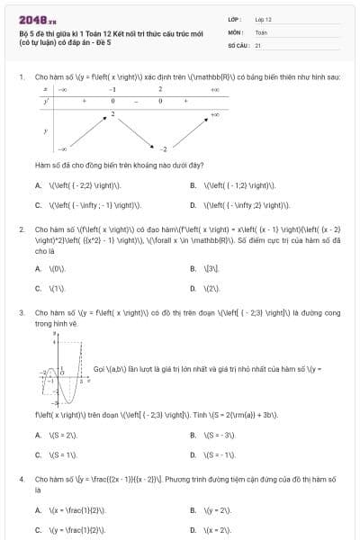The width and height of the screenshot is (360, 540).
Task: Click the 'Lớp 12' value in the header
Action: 264,18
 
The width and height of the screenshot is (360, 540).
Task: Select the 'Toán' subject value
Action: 261,31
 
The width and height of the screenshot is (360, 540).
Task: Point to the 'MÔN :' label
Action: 236,31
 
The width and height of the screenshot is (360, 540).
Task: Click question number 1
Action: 21,76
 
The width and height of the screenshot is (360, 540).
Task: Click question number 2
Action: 21,229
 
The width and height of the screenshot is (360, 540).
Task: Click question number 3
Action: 21,312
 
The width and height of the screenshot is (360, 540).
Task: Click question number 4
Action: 21,480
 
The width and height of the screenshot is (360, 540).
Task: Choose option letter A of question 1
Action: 38,184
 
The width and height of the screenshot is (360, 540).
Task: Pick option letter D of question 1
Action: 193,204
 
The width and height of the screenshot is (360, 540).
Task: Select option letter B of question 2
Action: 193,268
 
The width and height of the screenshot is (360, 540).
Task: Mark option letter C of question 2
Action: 38,288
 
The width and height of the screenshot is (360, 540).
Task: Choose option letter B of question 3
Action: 193,435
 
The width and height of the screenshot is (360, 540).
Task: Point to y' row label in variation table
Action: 46,102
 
